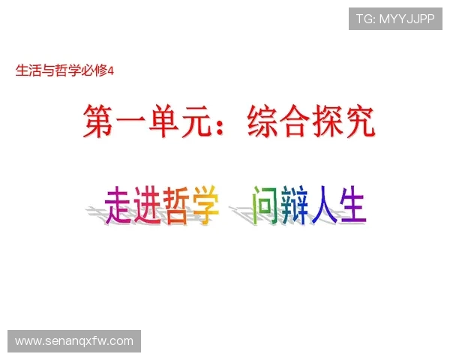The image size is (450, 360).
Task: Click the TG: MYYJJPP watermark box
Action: click(x=395, y=19)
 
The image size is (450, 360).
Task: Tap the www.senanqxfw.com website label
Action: click(x=74, y=341)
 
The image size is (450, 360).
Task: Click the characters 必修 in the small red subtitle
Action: click(x=95, y=71)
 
